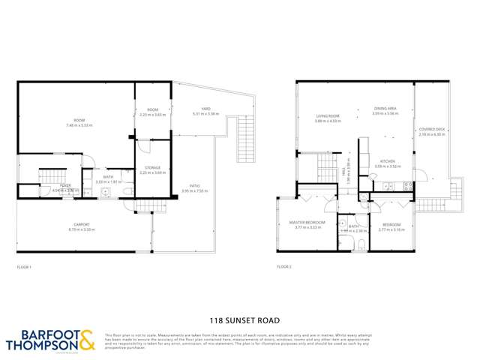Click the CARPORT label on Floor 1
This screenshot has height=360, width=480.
[x=82, y=224]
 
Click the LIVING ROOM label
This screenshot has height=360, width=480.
[x=328, y=116]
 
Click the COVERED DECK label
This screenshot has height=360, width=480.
[x=432, y=130]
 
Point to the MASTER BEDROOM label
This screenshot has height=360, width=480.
[x=307, y=223]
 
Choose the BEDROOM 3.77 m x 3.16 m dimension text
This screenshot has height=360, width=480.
[x=391, y=229]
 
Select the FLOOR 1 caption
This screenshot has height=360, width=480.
[x=25, y=267]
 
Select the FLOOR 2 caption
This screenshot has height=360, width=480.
[x=284, y=267]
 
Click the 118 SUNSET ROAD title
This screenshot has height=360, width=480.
[x=239, y=318]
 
